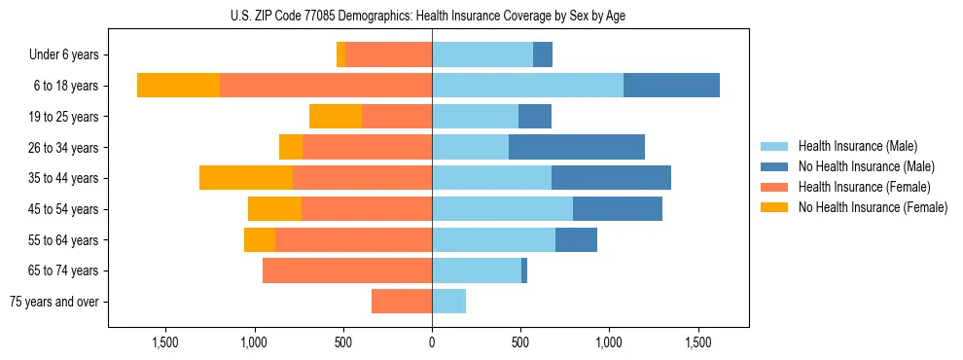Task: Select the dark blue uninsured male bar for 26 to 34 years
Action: (576, 147)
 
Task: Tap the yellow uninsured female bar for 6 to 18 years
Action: (178, 86)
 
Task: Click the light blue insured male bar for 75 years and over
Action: (448, 302)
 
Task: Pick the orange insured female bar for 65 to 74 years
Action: (347, 270)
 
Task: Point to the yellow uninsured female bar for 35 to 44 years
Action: (246, 178)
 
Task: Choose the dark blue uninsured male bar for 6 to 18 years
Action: (671, 86)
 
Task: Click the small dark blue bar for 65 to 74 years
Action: (524, 270)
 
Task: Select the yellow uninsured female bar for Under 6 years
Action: (340, 54)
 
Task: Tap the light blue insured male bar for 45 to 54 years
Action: (502, 209)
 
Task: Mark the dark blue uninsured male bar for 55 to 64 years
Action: (576, 239)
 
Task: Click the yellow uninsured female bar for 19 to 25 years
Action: (336, 117)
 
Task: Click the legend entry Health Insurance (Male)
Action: (857, 146)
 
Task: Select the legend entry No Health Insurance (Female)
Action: (872, 207)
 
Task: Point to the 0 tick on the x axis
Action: (432, 342)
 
